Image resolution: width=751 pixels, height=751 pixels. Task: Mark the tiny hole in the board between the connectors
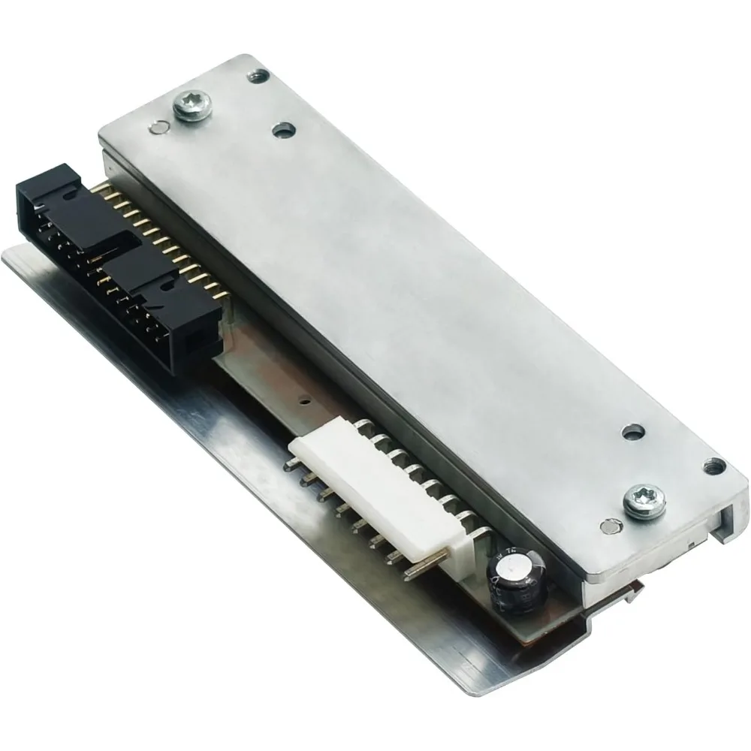tap(305, 401)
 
